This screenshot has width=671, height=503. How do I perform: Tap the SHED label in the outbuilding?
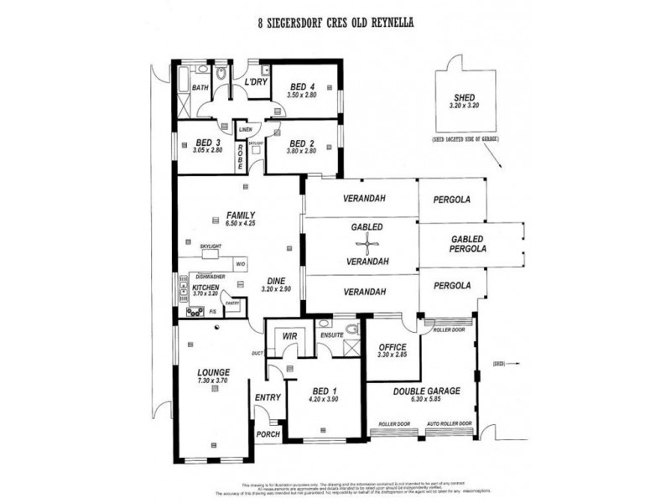coord(463,96)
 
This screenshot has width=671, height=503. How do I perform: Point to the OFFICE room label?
coord(392,346)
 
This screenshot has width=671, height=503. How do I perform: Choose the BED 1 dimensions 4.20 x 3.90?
coord(324,399)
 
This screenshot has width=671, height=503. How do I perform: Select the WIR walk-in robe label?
coord(290,335)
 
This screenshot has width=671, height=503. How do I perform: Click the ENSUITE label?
coord(333,334)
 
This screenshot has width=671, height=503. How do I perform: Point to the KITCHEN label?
coord(205,287)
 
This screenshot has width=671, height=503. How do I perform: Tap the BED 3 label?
coord(207,143)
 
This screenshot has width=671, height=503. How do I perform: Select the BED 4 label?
coord(303,87)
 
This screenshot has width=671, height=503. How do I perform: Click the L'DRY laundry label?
coord(256,81)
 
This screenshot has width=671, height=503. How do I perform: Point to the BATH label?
coord(200,87)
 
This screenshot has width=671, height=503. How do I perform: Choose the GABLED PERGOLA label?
coord(471,244)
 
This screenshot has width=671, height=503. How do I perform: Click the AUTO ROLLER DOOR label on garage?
coord(450,423)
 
